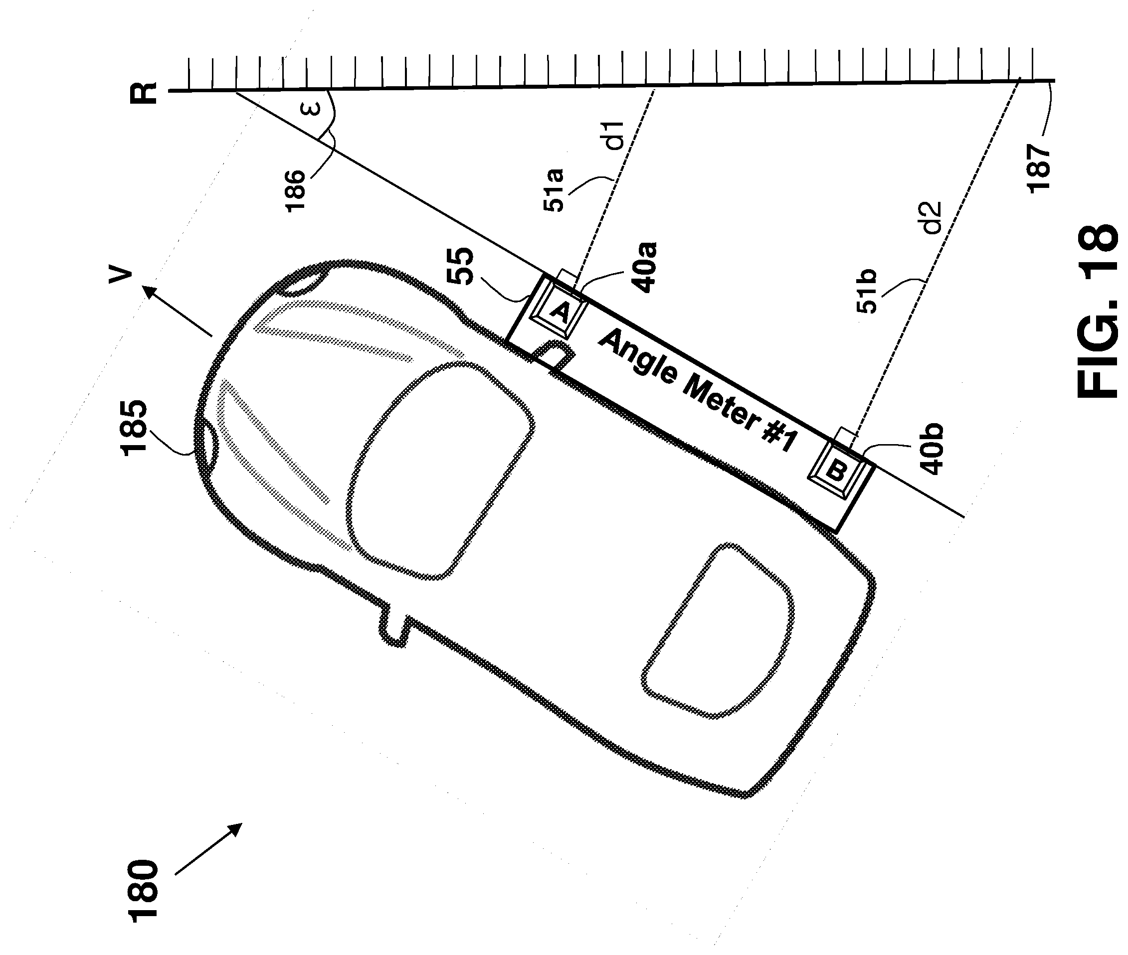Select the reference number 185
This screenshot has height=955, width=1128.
[x=133, y=428]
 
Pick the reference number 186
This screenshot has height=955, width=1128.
[x=296, y=190]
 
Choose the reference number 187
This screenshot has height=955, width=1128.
[x=1038, y=168]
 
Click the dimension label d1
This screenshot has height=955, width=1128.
[x=615, y=136]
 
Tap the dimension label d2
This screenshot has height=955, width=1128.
[x=932, y=218]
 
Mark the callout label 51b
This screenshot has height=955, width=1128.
[x=866, y=291]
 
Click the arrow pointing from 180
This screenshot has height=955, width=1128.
[x=208, y=849]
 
